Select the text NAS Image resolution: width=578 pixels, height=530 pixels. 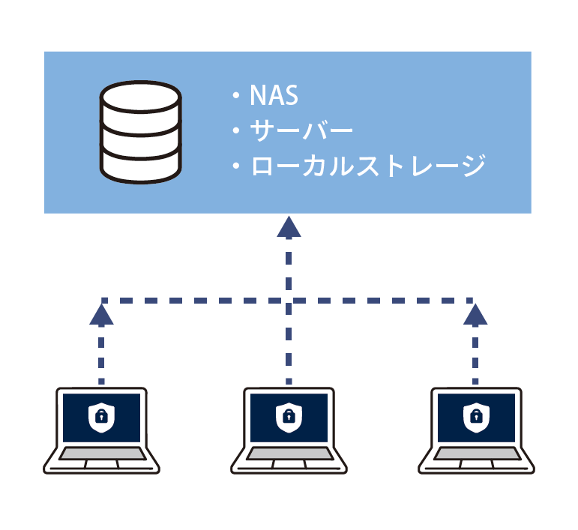coord(274,96)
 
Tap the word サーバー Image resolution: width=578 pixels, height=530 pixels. coord(301,130)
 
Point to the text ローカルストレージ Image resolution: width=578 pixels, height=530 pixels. coord(368,165)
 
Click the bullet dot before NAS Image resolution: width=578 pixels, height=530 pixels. coord(235,97)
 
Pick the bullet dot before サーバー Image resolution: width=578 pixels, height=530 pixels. coord(235,131)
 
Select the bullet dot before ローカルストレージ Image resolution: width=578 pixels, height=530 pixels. coord(235,166)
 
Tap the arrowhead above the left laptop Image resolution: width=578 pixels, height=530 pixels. coord(101,314)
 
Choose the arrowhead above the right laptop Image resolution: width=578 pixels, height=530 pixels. coord(475,314)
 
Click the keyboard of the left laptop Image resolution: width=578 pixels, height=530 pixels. coord(103,454)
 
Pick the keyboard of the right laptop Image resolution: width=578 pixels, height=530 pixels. coord(476,454)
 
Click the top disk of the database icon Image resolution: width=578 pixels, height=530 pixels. coord(141,99)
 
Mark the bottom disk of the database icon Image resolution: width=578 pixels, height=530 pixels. coord(141,163)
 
